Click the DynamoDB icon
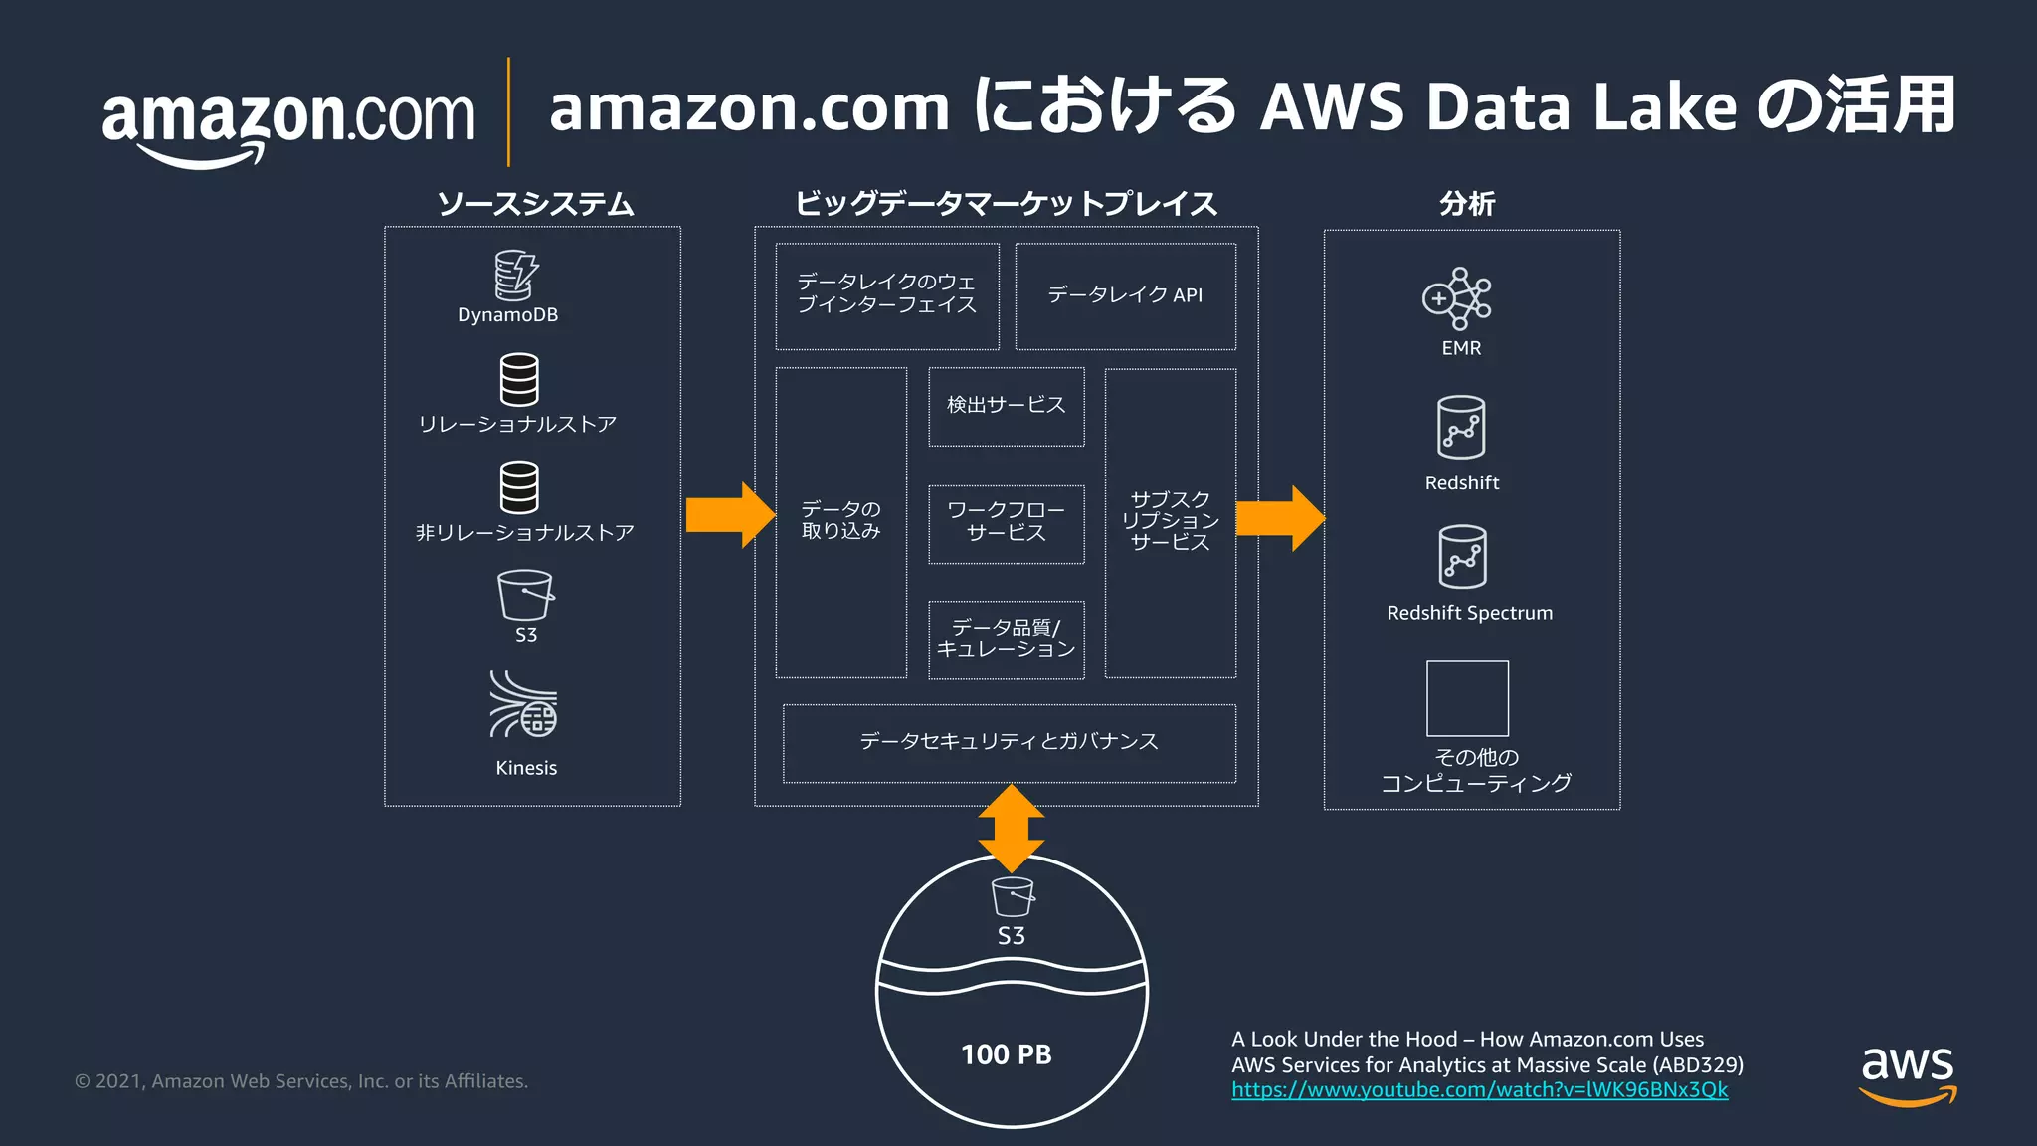pyautogui.click(x=516, y=276)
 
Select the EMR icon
pyautogui.click(x=1457, y=297)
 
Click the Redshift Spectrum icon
pyautogui.click(x=1462, y=557)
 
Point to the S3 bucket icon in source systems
pyautogui.click(x=525, y=595)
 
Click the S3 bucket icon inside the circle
pyautogui.click(x=1013, y=896)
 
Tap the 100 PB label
pyautogui.click(x=1007, y=1054)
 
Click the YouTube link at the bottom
pyautogui.click(x=1479, y=1090)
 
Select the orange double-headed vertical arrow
pyautogui.click(x=1012, y=829)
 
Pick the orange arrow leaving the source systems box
pyautogui.click(x=730, y=515)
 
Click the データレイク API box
pyautogui.click(x=1125, y=295)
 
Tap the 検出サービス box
pyautogui.click(x=1006, y=406)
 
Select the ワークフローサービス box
pyautogui.click(x=1006, y=523)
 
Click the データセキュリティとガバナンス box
pyautogui.click(x=1009, y=742)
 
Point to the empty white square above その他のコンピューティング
pyautogui.click(x=1467, y=698)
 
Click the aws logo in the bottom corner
pyautogui.click(x=1908, y=1074)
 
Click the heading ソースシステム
pyautogui.click(x=535, y=204)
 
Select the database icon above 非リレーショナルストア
pyautogui.click(x=519, y=486)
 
